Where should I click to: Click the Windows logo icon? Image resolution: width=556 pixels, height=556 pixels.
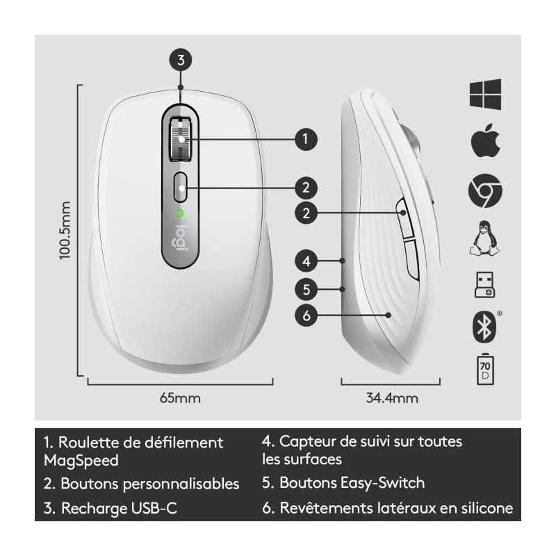point(485,95)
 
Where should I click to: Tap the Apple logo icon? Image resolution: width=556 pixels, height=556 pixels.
point(485,141)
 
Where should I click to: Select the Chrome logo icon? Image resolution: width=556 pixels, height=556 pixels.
point(485,190)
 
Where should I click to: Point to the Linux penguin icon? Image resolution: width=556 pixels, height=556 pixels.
point(484,238)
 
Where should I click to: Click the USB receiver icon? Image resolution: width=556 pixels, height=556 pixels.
point(484,285)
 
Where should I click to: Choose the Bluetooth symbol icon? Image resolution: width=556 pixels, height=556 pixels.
point(484,327)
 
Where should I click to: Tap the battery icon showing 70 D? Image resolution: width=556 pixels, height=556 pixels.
point(485,369)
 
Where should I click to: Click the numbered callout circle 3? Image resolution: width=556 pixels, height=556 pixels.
point(181,60)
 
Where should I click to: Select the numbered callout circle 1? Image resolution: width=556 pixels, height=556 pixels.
point(306,139)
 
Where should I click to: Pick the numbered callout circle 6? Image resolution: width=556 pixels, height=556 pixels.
point(306,316)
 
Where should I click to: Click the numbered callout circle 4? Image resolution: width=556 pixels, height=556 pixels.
point(306,261)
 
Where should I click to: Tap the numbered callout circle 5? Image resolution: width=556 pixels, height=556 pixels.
point(306,289)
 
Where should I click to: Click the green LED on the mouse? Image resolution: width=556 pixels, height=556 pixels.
point(181,213)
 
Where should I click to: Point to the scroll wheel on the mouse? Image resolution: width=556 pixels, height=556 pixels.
point(181,139)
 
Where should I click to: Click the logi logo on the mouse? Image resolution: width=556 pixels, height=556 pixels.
point(181,238)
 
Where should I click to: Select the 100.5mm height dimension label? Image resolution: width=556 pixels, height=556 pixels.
point(65,230)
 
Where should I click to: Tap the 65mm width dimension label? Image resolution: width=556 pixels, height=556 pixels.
point(180,398)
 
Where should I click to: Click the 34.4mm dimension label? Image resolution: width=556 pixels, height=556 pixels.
point(392,398)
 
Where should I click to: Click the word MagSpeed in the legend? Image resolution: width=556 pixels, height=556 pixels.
point(81,461)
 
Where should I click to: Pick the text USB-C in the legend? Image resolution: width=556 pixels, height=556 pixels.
point(154,508)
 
